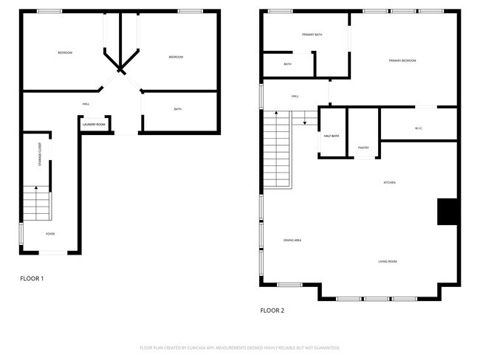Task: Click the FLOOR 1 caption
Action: [32, 278]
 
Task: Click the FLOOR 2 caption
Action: [272, 311]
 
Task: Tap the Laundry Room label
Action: [94, 125]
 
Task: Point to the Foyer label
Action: [50, 234]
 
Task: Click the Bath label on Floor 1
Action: [178, 109]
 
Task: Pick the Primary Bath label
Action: [312, 35]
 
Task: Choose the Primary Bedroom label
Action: [402, 60]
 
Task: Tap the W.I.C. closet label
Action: [418, 129]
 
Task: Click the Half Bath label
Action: [332, 136]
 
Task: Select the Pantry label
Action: [363, 148]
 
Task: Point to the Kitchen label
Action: [389, 182]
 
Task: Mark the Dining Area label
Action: [292, 240]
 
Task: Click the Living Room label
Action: [388, 261]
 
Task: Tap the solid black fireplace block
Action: [448, 212]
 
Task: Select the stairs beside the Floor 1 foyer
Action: [36, 203]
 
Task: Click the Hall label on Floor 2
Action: [295, 97]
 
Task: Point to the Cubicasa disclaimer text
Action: [239, 347]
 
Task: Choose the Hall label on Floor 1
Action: [86, 104]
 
